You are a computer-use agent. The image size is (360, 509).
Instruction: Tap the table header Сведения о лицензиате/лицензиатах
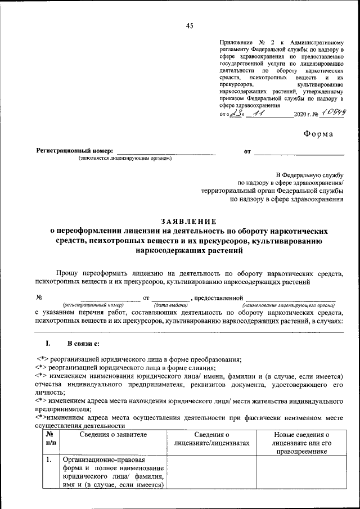coord(212,439)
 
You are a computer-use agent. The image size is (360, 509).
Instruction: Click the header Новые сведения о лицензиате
coord(301,443)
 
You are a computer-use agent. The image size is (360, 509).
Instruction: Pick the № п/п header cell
coord(51,439)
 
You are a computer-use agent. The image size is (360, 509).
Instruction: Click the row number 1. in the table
coord(49,460)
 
